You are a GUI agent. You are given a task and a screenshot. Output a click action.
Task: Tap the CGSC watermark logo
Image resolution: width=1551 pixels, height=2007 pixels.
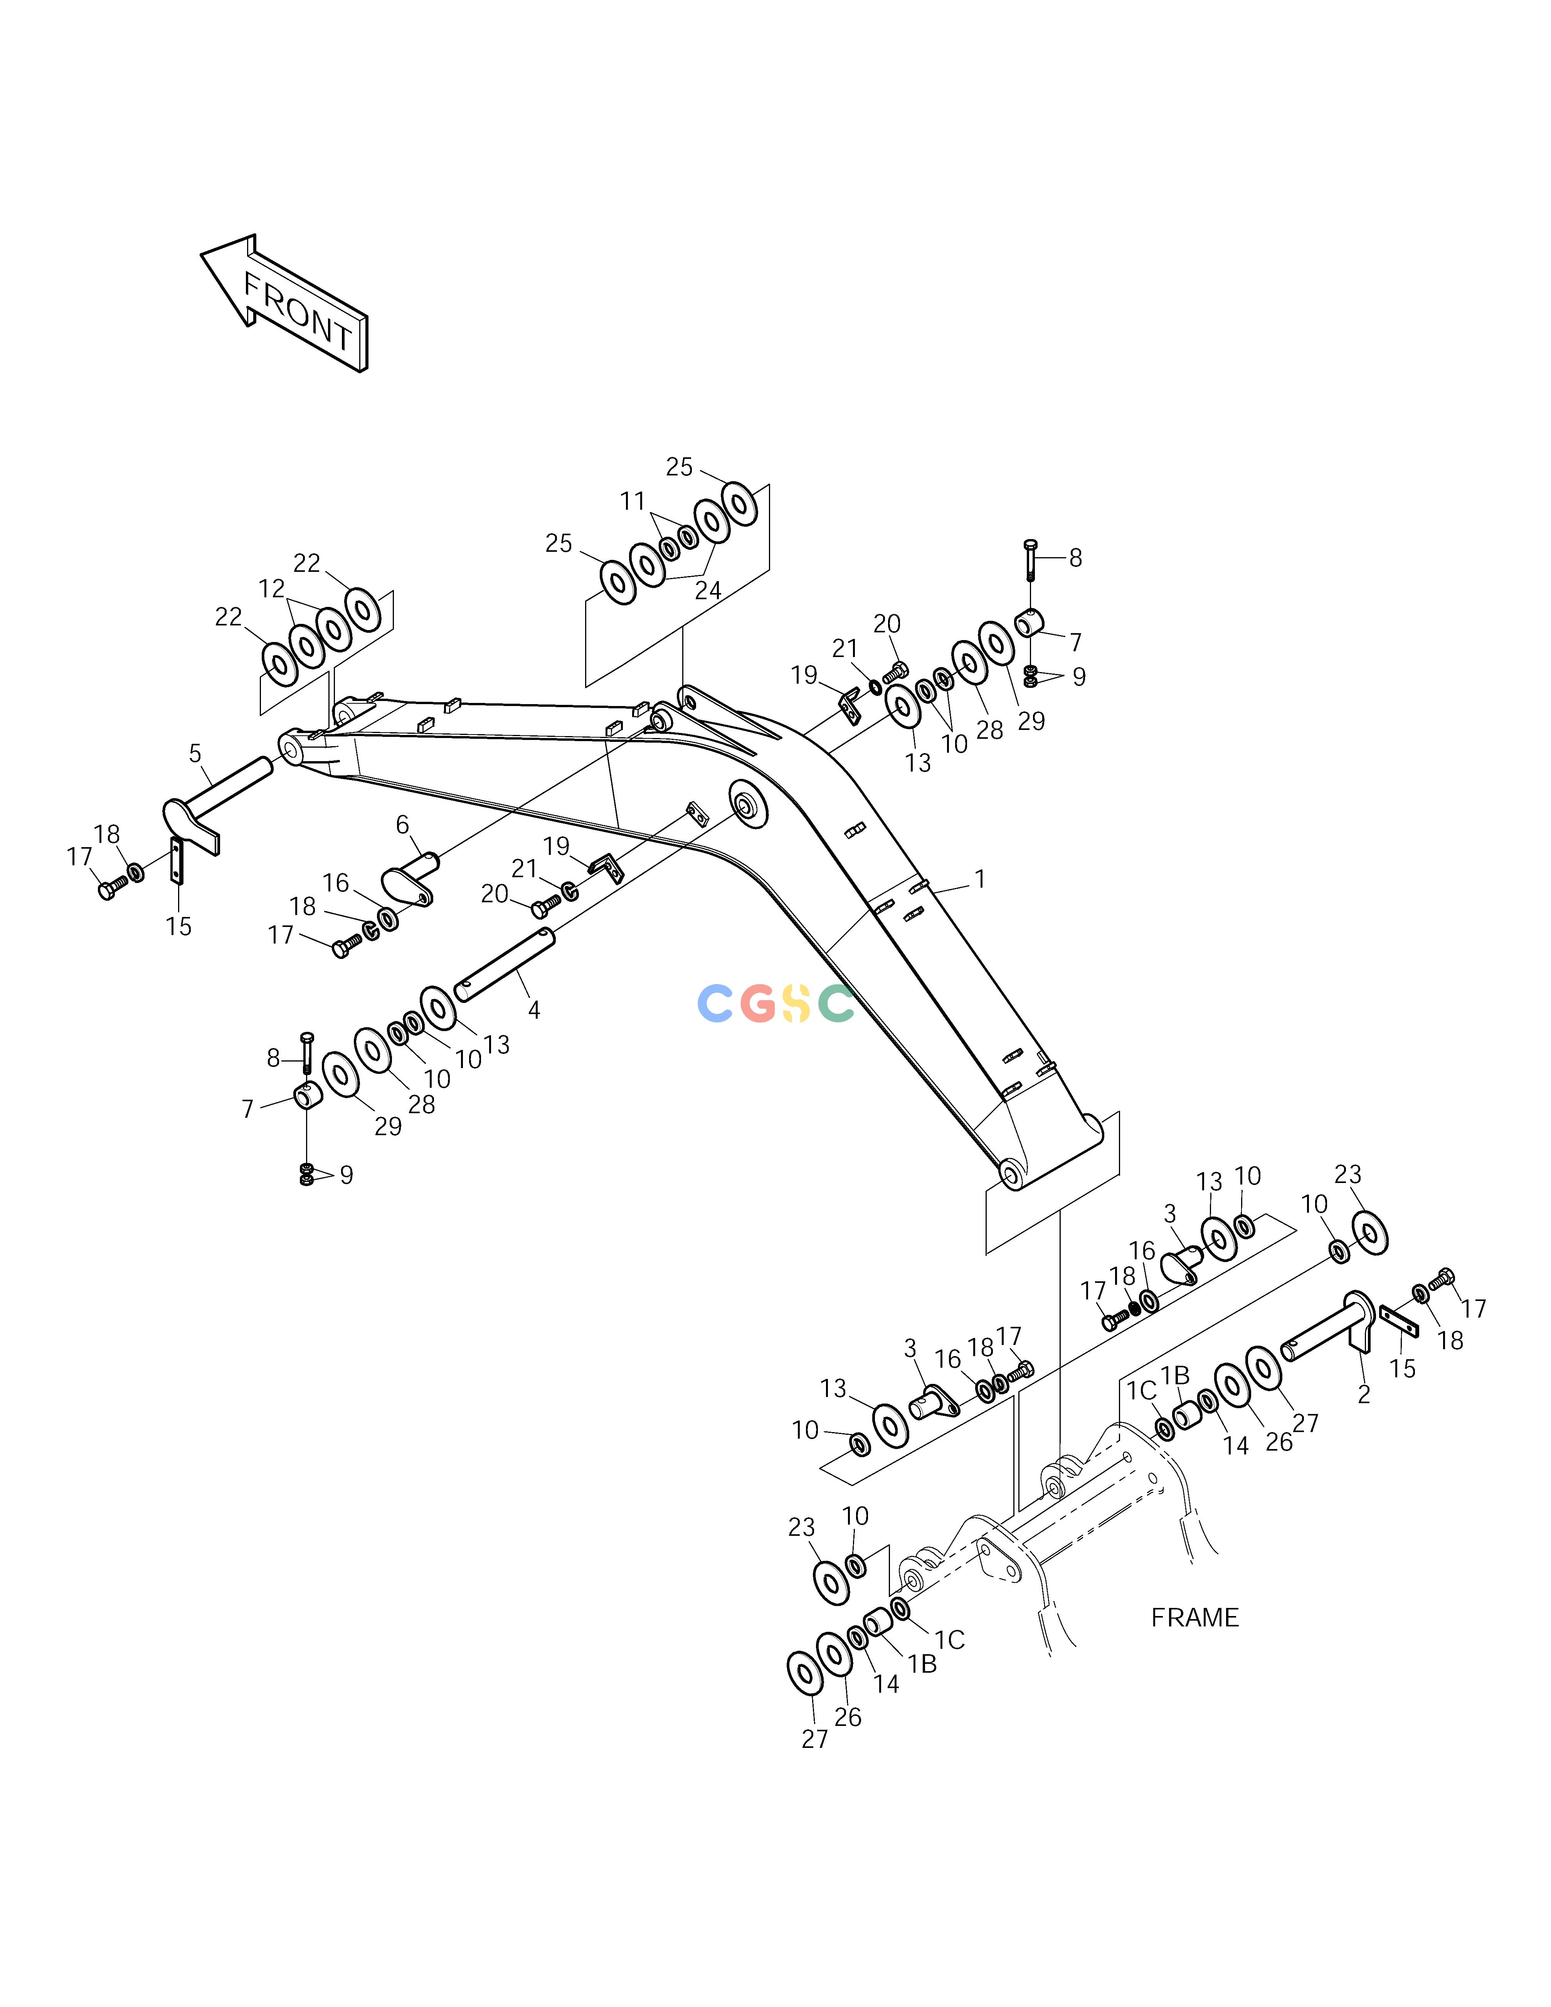[x=776, y=1003]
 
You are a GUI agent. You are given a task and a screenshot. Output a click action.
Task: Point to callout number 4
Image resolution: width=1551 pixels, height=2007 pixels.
[x=534, y=1010]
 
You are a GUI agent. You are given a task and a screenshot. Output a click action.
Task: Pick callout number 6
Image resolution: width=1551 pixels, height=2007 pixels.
[x=402, y=825]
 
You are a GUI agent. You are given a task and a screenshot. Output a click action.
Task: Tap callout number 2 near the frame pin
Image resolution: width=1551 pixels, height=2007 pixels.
[x=1364, y=1394]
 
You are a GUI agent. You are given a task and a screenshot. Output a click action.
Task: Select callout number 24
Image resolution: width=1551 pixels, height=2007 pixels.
[x=708, y=591]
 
